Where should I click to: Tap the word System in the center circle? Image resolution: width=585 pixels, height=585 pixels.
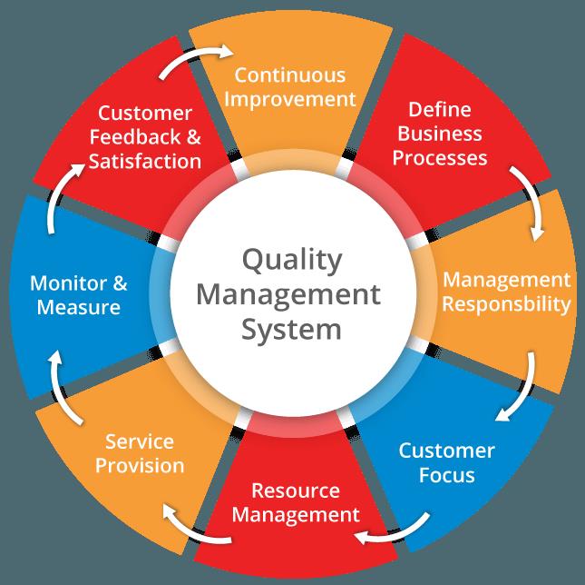click(291, 331)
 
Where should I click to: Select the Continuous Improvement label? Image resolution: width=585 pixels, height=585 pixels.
click(290, 87)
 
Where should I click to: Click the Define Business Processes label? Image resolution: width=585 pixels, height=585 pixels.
click(440, 134)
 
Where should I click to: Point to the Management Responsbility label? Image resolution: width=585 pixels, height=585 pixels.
click(506, 292)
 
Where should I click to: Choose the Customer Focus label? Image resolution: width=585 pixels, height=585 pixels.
click(446, 463)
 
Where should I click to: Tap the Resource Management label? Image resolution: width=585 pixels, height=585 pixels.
click(296, 502)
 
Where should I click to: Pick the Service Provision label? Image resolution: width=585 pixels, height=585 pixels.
click(140, 454)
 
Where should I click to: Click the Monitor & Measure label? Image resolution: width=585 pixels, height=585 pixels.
click(79, 295)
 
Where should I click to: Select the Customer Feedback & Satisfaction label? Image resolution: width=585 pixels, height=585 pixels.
click(145, 137)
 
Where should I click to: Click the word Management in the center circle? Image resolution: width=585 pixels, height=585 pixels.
click(288, 296)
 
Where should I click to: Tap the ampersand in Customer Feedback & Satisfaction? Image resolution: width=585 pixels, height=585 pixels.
click(193, 137)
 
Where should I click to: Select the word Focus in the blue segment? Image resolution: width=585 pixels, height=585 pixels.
click(446, 474)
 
